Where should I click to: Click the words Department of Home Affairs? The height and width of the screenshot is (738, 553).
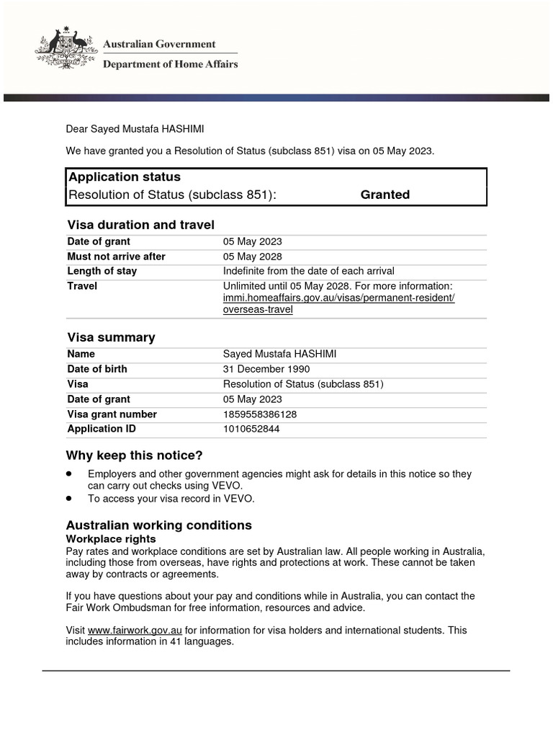point(171,64)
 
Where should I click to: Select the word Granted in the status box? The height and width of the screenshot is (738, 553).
point(385,195)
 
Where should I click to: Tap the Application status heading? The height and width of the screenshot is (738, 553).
point(124,177)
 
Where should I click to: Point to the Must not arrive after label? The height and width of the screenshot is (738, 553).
point(116,257)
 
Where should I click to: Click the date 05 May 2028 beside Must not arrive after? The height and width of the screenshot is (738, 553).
point(252,257)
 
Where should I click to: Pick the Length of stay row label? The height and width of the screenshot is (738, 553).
point(102,271)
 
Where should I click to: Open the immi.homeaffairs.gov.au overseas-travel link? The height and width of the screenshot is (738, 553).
point(338,298)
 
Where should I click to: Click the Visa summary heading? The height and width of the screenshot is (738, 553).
point(111,337)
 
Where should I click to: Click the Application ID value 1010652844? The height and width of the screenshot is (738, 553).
point(251,429)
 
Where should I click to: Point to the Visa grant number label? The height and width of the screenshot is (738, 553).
point(112,414)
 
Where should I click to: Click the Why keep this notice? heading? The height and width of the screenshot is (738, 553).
point(134,455)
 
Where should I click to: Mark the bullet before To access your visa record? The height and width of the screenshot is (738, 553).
point(69,498)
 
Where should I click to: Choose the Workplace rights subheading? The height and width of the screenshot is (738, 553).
point(111,539)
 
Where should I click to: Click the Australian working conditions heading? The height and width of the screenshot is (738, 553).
point(159,525)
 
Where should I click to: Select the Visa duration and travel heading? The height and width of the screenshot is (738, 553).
point(140,225)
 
